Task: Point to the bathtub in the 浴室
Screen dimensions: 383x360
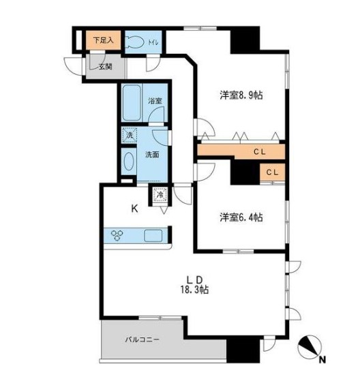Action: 132,103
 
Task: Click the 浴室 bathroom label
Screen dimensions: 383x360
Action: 156,102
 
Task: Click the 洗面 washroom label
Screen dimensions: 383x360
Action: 153,155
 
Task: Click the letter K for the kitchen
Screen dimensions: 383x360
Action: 135,210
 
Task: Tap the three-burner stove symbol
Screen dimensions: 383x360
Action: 117,236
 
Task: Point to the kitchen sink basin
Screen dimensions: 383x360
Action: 153,236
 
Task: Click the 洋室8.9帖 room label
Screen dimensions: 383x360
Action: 241,96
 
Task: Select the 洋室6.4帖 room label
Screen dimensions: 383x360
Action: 241,217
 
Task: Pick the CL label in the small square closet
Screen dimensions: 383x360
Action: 271,173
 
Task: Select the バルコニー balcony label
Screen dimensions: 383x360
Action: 142,339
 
